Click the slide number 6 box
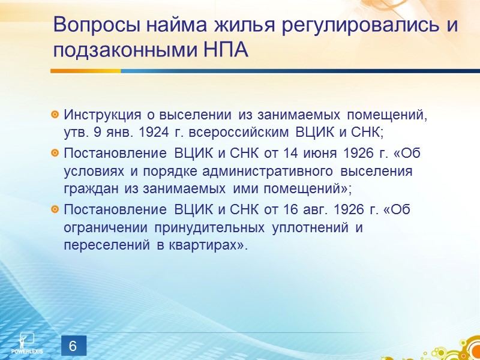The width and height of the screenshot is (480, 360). coord(73,347)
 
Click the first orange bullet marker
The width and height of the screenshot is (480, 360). coord(55,115)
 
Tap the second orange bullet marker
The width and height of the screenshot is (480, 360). coord(55,154)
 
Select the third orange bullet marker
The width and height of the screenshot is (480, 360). coord(55,209)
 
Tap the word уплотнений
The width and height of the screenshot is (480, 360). coord(308,228)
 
